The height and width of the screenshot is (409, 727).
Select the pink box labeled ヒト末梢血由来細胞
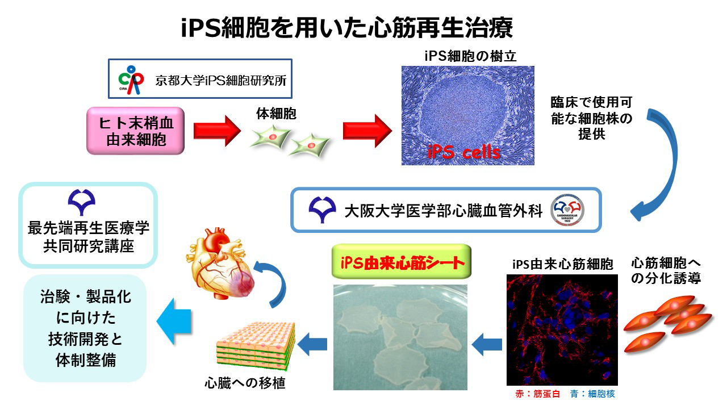click(x=136, y=131)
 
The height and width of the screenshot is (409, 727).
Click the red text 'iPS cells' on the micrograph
click(x=465, y=152)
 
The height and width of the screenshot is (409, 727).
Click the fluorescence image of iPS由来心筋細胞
click(x=561, y=329)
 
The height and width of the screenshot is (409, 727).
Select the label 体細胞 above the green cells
click(x=277, y=114)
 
